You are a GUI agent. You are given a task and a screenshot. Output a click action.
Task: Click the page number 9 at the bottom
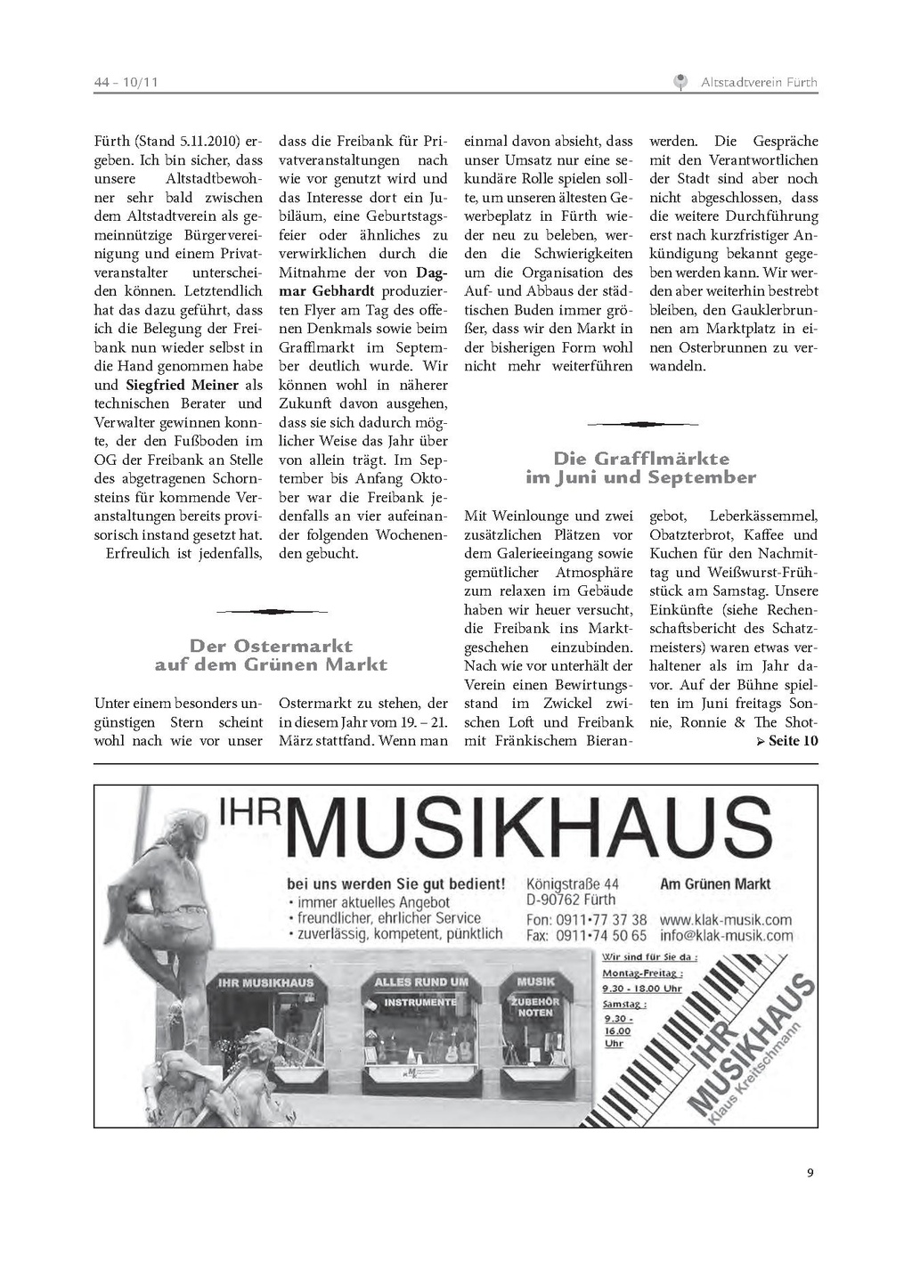pyautogui.click(x=810, y=1172)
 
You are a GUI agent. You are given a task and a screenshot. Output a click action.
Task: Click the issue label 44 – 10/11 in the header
pyautogui.click(x=126, y=83)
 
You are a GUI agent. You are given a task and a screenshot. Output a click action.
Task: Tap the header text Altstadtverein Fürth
pyautogui.click(x=759, y=83)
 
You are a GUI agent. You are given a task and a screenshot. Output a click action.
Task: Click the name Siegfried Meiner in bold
pyautogui.click(x=183, y=385)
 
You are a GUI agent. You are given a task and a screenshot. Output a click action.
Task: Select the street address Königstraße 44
pyautogui.click(x=573, y=883)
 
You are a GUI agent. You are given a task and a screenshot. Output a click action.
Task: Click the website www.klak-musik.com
pyautogui.click(x=726, y=919)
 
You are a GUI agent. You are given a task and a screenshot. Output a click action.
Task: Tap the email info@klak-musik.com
pyautogui.click(x=726, y=936)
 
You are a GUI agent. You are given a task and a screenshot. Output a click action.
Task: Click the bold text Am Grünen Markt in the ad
pyautogui.click(x=715, y=883)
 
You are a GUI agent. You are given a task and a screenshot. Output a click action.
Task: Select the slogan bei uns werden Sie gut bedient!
pyautogui.click(x=396, y=884)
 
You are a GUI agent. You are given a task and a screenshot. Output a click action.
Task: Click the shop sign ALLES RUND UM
pyautogui.click(x=420, y=981)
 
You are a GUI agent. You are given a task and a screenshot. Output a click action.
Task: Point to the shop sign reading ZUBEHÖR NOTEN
pyautogui.click(x=535, y=1006)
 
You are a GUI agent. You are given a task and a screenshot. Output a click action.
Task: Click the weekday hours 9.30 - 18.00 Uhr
pyautogui.click(x=641, y=988)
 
